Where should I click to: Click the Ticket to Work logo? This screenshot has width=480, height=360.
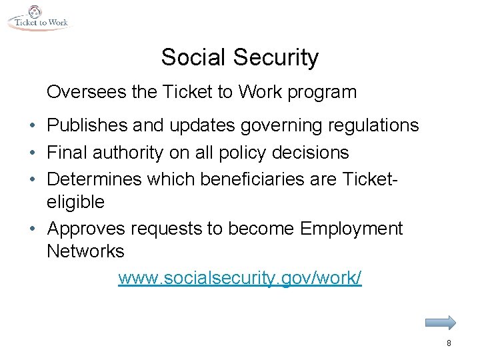38,18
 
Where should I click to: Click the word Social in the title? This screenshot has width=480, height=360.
194,58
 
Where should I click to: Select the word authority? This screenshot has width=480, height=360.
131,153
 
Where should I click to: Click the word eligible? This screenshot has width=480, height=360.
76,201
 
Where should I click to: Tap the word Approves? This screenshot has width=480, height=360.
89,229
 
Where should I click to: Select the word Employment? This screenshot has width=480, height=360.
351,229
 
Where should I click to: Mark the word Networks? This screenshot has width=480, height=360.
85,251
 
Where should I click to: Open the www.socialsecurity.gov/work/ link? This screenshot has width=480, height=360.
240,279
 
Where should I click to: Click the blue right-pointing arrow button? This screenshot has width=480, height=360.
440,323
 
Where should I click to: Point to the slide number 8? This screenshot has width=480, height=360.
449,343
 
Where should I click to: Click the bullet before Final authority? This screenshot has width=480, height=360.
33,153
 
